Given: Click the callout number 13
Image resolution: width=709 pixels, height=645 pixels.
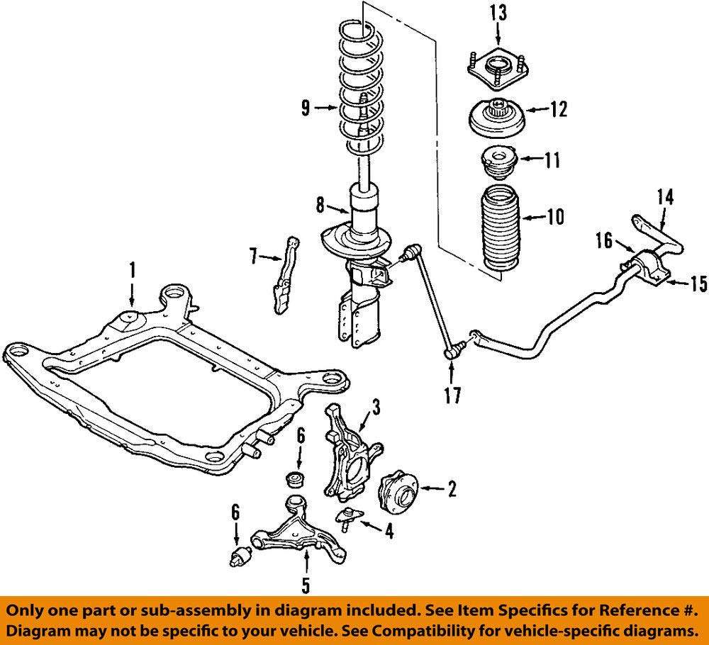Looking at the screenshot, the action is [498, 13].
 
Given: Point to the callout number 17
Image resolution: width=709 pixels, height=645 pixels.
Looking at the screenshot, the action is [452, 396].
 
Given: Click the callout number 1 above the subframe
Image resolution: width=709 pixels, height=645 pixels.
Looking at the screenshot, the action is [132, 270].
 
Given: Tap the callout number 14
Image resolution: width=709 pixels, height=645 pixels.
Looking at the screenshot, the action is [665, 198].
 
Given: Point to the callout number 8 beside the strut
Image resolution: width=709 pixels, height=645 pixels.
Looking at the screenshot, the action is [320, 206].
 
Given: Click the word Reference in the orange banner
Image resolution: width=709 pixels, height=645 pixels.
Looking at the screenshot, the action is [635, 611].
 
